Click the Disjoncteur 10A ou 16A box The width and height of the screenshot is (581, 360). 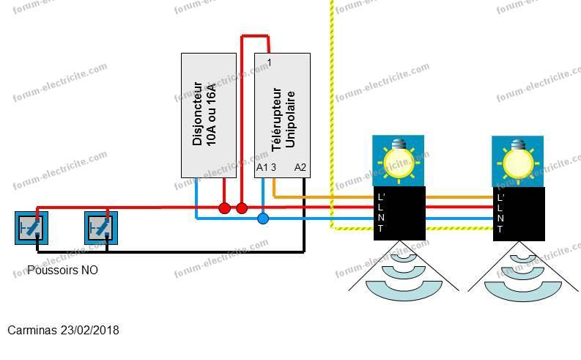(209, 115)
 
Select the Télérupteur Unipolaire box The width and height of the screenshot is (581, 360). (282, 115)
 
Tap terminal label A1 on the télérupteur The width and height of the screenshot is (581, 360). (262, 168)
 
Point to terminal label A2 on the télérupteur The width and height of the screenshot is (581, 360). (300, 168)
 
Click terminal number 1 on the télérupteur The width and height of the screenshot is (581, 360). (270, 62)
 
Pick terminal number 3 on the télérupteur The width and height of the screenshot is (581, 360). (273, 168)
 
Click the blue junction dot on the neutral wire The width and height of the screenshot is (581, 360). (263, 218)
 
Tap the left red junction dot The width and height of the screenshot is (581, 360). (224, 208)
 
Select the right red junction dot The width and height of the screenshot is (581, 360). (242, 208)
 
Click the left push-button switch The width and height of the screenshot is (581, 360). (32, 228)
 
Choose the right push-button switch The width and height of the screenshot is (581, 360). (101, 228)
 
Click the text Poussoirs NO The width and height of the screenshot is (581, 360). (62, 270)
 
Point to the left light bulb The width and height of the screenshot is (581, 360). (399, 161)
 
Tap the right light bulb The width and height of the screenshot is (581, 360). (518, 161)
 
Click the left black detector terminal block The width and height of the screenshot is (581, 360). (399, 213)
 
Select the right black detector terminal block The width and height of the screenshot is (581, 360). (519, 214)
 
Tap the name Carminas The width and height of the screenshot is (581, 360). (32, 331)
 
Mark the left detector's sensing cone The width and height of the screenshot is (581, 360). (404, 271)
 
